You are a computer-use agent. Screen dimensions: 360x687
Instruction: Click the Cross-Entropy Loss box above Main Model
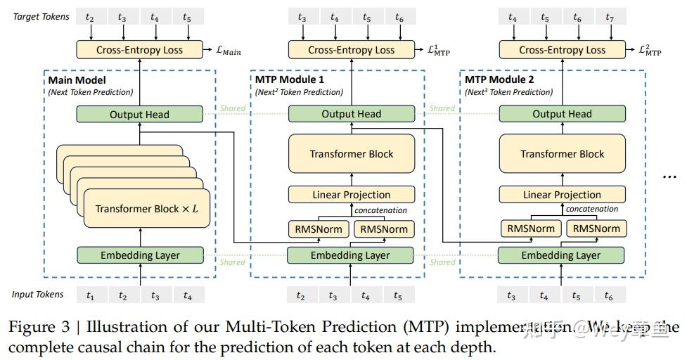pos(139,50)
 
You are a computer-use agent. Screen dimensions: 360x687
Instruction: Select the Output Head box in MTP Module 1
pos(351,114)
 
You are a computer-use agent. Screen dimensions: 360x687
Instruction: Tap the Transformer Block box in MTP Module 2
pos(562,154)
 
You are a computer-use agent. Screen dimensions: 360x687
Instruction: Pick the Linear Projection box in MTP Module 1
pos(351,195)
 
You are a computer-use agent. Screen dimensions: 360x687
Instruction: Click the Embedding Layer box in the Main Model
pos(139,255)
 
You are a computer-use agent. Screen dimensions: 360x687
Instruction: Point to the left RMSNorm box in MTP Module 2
pos(531,228)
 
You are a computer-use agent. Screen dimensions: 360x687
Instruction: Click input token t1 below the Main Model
pos(90,296)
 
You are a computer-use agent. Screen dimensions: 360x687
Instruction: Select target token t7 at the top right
pos(610,17)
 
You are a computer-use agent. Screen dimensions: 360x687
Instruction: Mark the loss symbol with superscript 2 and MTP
pos(650,50)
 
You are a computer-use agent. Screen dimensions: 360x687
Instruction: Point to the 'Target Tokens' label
pos(41,16)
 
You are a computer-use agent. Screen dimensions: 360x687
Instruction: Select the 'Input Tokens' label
pos(37,295)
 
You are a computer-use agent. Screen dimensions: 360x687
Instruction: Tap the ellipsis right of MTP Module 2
pos(669,176)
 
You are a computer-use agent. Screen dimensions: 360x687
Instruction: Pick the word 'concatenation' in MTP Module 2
pos(592,209)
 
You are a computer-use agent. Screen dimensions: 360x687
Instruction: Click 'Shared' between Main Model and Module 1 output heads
pos(233,108)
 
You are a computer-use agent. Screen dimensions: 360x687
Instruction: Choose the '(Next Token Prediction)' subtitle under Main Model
pos(90,92)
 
